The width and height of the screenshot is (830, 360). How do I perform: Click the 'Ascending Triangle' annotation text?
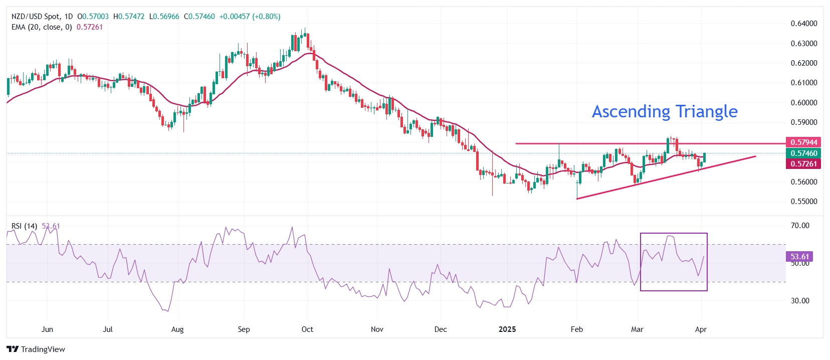pyautogui.click(x=665, y=111)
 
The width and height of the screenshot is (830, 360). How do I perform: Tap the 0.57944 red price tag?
pyautogui.click(x=803, y=142)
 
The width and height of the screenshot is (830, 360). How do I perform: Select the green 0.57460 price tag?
pyautogui.click(x=803, y=153)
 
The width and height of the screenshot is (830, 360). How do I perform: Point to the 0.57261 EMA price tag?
pyautogui.click(x=803, y=164)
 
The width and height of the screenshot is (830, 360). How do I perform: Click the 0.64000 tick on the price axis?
pyautogui.click(x=803, y=24)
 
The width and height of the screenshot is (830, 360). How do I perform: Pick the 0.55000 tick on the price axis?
pyautogui.click(x=803, y=202)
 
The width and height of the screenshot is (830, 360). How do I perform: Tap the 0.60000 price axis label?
pyautogui.click(x=803, y=103)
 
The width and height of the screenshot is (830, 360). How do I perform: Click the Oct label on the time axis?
pyautogui.click(x=307, y=329)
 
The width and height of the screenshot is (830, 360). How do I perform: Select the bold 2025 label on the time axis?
pyautogui.click(x=507, y=329)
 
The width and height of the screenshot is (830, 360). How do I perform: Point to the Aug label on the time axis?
pyautogui.click(x=177, y=329)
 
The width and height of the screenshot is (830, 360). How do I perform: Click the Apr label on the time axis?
pyautogui.click(x=701, y=329)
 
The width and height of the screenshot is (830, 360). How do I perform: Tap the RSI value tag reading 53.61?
pyautogui.click(x=799, y=257)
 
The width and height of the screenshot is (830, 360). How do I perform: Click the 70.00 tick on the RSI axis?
pyautogui.click(x=800, y=226)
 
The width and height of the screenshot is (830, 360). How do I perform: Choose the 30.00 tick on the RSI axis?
pyautogui.click(x=800, y=301)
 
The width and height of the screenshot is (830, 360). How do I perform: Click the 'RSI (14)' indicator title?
pyautogui.click(x=24, y=226)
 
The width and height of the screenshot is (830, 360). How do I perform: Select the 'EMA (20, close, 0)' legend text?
pyautogui.click(x=42, y=27)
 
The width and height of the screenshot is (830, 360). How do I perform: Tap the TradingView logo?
pyautogui.click(x=36, y=349)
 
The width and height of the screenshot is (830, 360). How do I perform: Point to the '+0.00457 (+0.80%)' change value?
pyautogui.click(x=250, y=17)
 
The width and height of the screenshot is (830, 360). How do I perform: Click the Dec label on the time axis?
pyautogui.click(x=441, y=329)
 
